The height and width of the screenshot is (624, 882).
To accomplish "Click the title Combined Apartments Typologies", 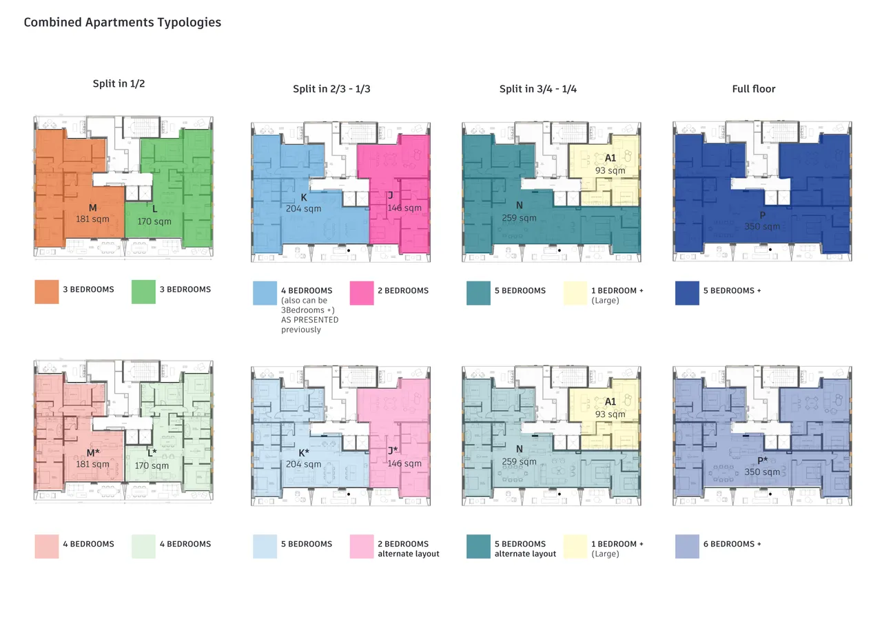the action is tap(123, 23).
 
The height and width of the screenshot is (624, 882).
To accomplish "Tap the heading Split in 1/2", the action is tap(119, 83).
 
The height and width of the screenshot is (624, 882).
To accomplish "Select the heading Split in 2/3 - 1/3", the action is tap(331, 89).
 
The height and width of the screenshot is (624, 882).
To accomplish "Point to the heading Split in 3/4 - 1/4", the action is tap(538, 89).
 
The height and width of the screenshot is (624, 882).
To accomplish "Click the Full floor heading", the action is tap(754, 89).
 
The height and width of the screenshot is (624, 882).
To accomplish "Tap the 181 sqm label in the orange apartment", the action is tap(92, 219).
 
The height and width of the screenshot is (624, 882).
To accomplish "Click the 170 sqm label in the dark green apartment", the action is tap(154, 221).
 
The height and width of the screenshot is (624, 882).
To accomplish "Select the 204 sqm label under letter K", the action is tap(304, 209).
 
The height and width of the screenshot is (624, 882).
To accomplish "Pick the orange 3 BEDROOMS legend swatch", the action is tap(47, 292).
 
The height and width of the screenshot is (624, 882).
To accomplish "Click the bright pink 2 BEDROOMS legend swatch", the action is tap(362, 293).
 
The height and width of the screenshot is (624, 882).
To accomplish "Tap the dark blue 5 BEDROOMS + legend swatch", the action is tap(687, 293).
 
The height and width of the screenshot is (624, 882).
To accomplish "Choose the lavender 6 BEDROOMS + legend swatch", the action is tap(687, 546).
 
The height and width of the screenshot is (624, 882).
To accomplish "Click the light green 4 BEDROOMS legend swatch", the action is tap(143, 546).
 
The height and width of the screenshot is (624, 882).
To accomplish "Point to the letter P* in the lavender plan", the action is tap(763, 461).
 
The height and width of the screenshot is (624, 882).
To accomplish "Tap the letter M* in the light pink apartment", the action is tap(93, 453).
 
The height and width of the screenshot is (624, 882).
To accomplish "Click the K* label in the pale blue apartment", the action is tap(304, 453).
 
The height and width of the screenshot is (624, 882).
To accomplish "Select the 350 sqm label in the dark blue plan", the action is tap(762, 227).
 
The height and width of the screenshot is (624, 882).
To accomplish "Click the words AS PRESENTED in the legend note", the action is tap(309, 320).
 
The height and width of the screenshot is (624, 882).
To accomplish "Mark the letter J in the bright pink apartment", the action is tap(390, 195).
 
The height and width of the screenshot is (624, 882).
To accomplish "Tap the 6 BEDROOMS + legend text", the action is tap(732, 544).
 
